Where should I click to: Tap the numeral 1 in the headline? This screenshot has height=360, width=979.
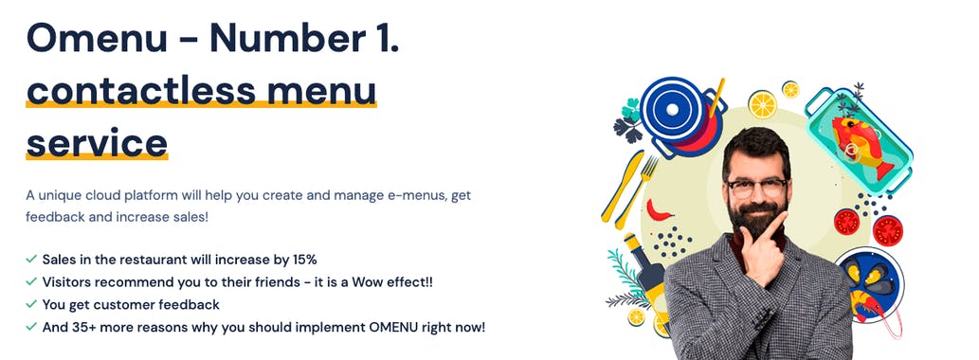385,38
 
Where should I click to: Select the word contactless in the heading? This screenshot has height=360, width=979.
140,90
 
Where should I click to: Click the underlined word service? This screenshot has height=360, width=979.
97,142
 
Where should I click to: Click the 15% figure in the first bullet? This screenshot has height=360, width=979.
311,259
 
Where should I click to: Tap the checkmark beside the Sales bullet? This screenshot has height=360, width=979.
32,259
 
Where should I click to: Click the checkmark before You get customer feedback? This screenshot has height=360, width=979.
32,304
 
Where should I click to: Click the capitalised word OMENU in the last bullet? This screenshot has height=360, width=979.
366,327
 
